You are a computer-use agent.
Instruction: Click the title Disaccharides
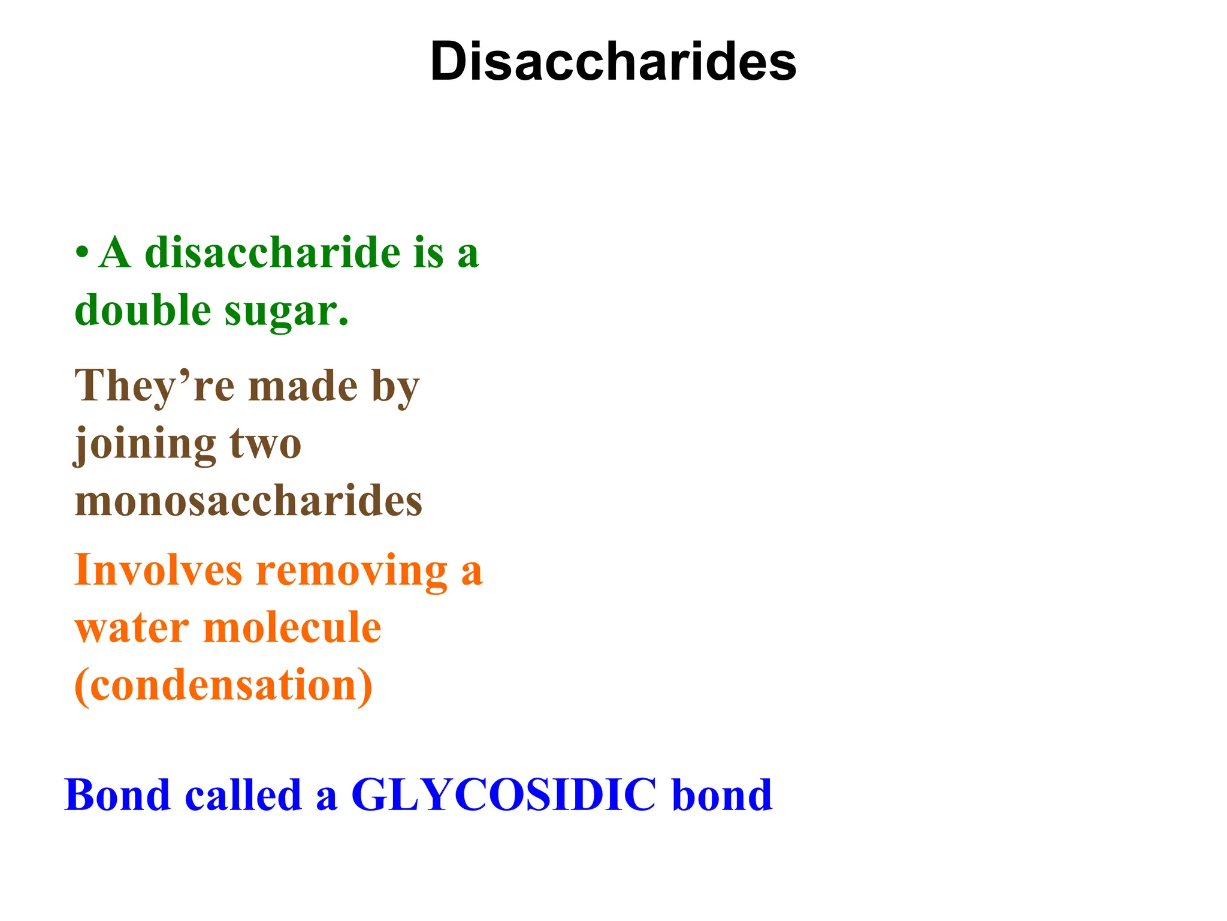point(613,62)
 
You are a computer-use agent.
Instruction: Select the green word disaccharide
point(273,252)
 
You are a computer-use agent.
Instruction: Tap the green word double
point(143,311)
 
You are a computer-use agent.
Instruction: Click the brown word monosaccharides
point(249,501)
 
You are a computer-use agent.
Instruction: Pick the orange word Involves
point(158,570)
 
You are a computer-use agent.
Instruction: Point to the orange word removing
point(352,571)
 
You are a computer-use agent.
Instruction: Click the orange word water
point(132,628)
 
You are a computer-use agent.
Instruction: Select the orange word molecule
point(292,627)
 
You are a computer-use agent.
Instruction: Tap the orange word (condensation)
point(223,685)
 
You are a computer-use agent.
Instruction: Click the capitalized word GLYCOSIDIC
point(503,795)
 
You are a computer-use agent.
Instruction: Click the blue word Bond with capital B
point(117,795)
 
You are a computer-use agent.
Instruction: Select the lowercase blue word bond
point(722,795)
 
